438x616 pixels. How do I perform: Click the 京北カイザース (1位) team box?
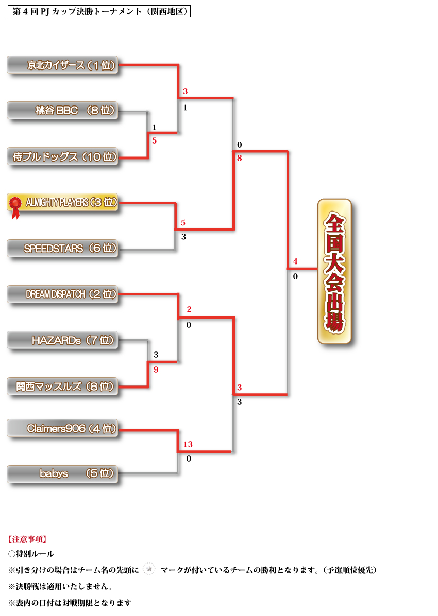[62, 65]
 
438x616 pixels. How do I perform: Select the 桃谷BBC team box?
[62, 110]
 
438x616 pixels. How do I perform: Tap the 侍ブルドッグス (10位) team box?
[62, 157]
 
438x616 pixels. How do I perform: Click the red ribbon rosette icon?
[16, 205]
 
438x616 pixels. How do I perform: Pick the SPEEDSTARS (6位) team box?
[62, 249]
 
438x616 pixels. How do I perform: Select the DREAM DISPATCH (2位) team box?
[62, 294]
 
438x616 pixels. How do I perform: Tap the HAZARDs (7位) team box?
[62, 340]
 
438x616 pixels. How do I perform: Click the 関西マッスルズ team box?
[62, 386]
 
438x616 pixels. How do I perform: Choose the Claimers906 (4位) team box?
[62, 428]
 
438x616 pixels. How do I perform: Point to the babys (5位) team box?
[62, 474]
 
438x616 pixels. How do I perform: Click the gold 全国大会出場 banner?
[334, 271]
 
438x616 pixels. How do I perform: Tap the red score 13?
[188, 444]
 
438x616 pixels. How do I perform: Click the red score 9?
[156, 369]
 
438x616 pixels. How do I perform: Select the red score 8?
[240, 159]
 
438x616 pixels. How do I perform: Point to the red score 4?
[295, 261]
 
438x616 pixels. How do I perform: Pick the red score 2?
[189, 309]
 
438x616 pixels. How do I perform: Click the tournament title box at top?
[99, 11]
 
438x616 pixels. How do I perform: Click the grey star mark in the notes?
[149, 569]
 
